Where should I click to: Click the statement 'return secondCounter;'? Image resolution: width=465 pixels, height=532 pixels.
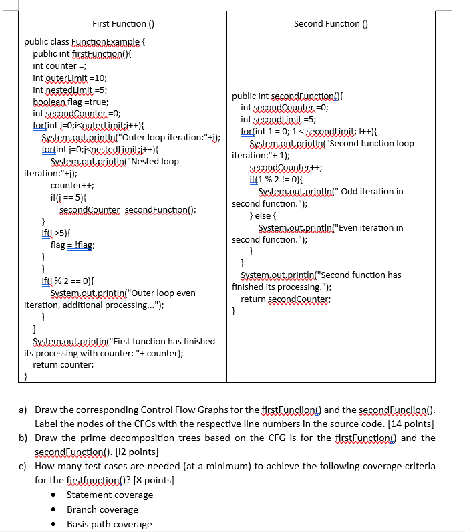click(x=288, y=299)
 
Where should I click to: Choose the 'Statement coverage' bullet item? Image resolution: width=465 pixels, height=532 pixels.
click(x=110, y=495)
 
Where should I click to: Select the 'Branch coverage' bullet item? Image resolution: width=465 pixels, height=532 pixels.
click(x=102, y=509)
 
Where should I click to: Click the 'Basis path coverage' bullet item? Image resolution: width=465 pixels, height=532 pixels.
click(x=109, y=524)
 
